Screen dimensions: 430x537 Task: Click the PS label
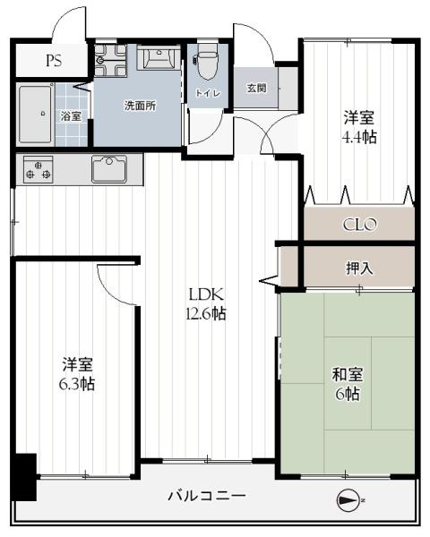(54, 61)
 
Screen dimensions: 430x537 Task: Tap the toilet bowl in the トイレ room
(207, 62)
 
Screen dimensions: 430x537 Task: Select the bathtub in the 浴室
(35, 114)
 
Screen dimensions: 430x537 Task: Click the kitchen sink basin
(109, 169)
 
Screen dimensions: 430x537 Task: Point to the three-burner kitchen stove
(38, 169)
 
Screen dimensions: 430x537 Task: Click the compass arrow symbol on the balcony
(348, 500)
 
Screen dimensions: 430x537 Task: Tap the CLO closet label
(359, 225)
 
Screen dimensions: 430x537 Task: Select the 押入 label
(359, 268)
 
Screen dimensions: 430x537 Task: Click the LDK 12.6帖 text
(206, 303)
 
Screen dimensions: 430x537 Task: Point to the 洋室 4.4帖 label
(359, 127)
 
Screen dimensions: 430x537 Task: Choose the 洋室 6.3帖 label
(77, 374)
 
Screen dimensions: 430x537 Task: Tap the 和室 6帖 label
(348, 384)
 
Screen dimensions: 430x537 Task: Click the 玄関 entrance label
(256, 88)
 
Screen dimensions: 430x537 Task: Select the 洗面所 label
(140, 106)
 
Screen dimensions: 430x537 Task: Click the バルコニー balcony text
(207, 496)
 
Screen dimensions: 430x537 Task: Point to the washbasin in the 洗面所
(159, 57)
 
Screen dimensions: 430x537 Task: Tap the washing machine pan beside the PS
(110, 60)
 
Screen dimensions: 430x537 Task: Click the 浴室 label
(71, 116)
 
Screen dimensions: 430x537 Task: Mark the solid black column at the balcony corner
(24, 477)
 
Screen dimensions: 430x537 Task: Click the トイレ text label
(208, 93)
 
